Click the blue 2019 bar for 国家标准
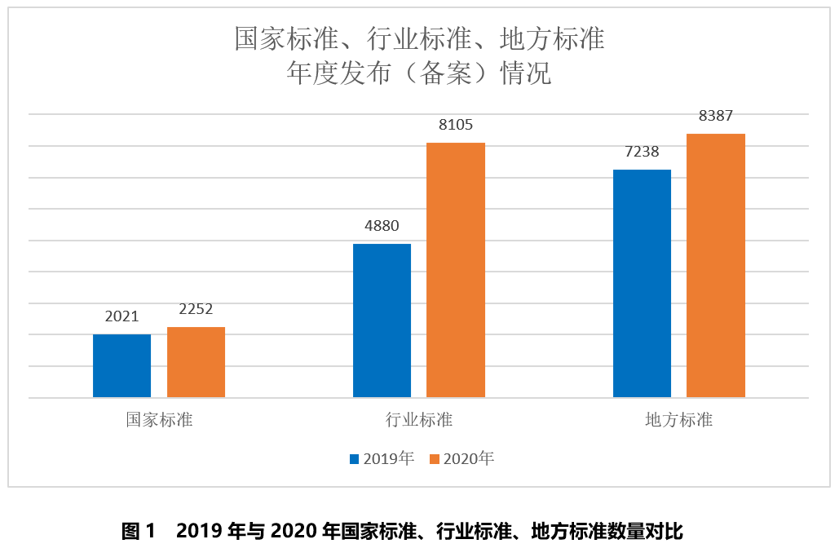click(121, 365)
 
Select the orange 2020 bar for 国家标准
click(196, 362)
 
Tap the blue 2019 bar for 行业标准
click(382, 320)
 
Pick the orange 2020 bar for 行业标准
click(456, 270)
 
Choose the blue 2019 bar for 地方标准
click(642, 283)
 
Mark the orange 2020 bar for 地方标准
click(716, 265)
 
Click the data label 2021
click(121, 316)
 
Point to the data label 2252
click(196, 309)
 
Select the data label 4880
click(382, 226)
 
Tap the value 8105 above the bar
click(456, 125)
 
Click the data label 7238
click(642, 152)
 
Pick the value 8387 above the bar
click(716, 116)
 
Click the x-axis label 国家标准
click(159, 420)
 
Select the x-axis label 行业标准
click(419, 420)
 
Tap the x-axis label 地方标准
click(679, 420)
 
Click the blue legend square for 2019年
click(354, 459)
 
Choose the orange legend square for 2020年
click(434, 459)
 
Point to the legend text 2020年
click(469, 459)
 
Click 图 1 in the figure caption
click(138, 532)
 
